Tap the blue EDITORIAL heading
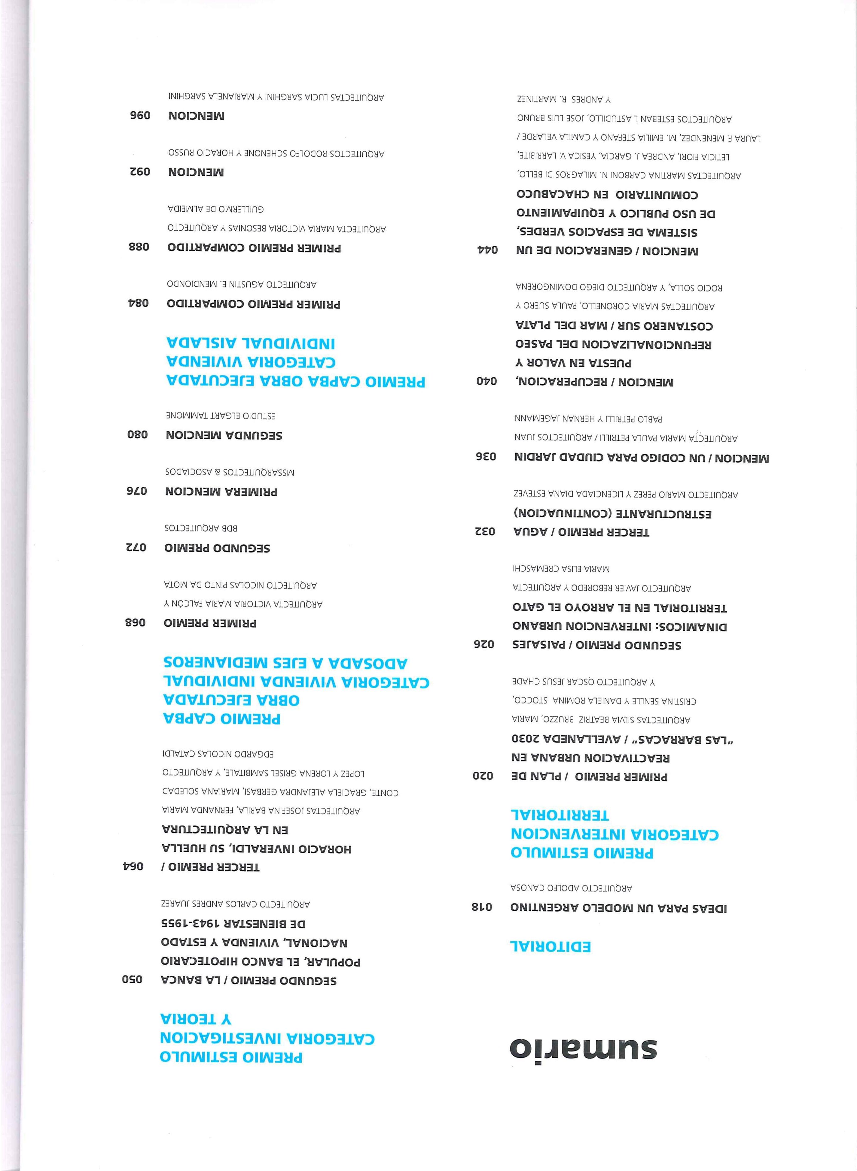click(550, 946)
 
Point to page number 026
click(484, 644)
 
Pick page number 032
click(485, 531)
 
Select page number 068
click(136, 622)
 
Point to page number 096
click(140, 115)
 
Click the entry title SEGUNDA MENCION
click(224, 435)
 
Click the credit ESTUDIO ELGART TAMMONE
click(221, 416)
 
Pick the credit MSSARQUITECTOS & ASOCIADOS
click(230, 472)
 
